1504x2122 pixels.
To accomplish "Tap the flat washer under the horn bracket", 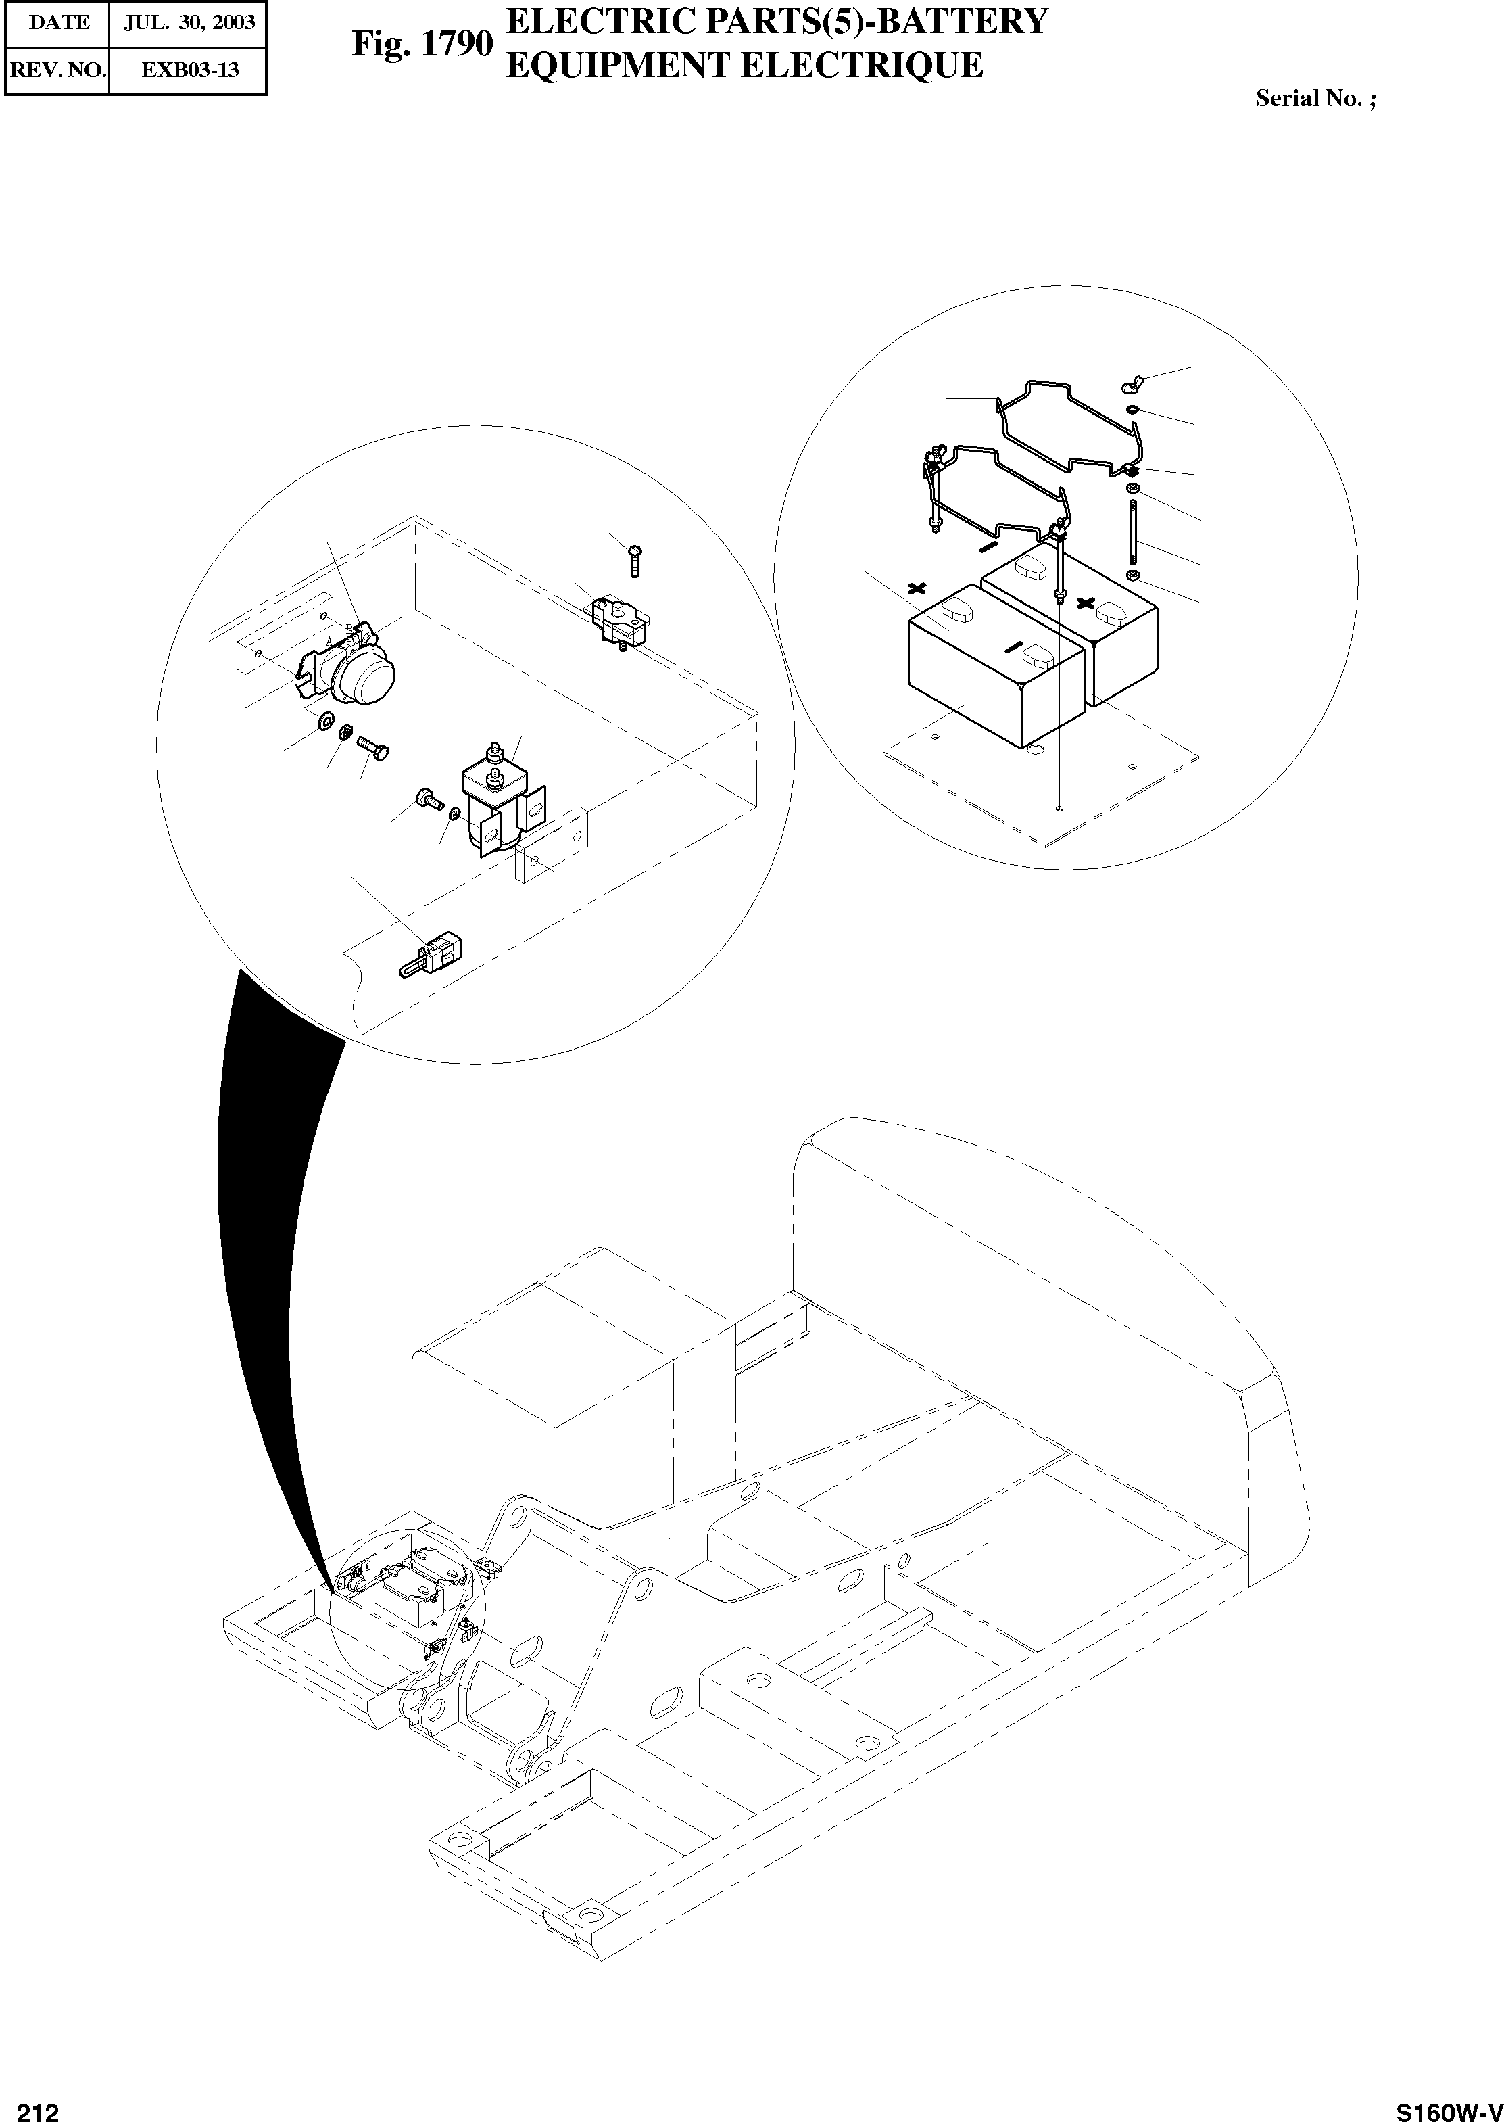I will tap(325, 720).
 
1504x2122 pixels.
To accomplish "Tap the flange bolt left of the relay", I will tap(429, 796).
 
